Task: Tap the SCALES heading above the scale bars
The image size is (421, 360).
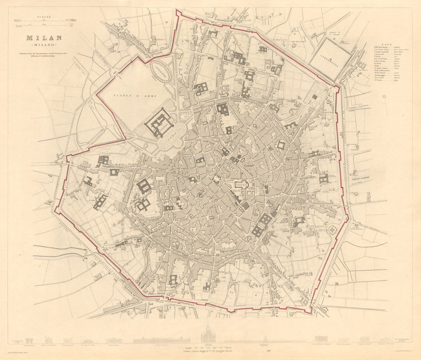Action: click(x=44, y=17)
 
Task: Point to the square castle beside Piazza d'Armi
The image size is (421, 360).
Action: click(x=159, y=123)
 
